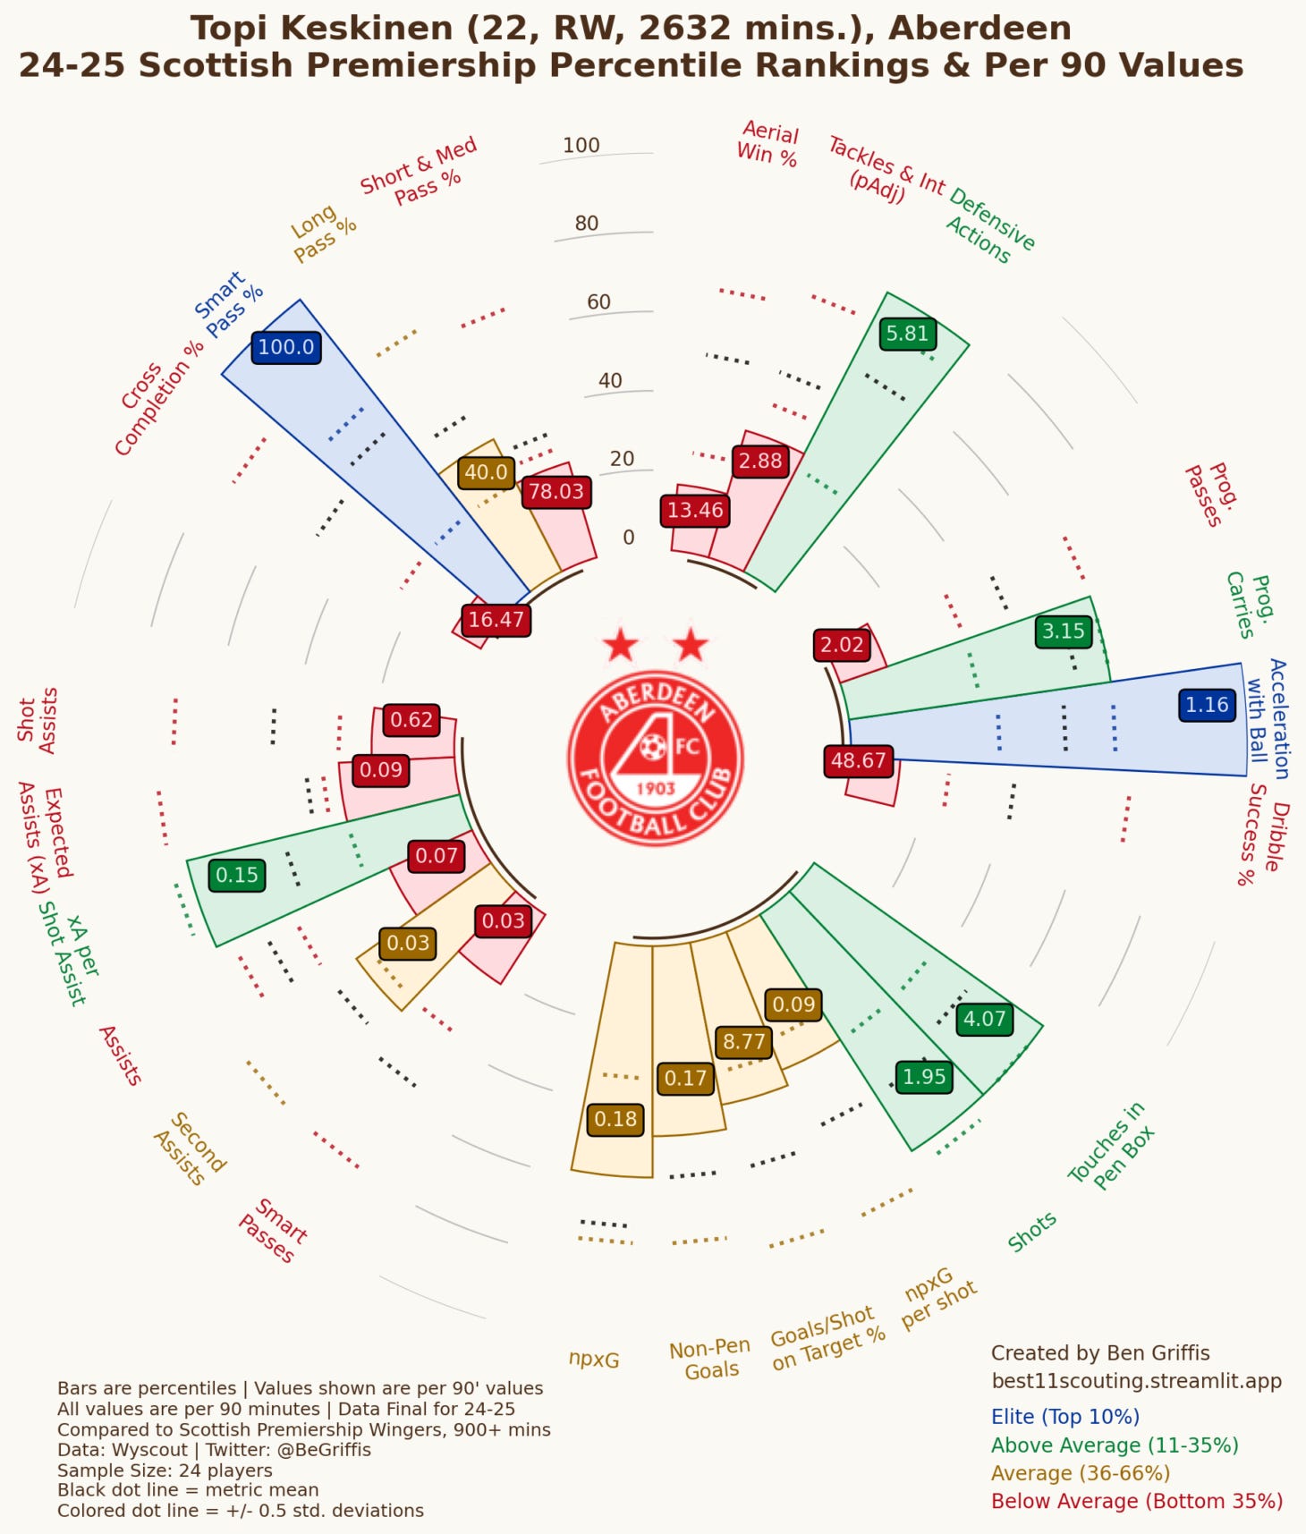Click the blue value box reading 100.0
click(286, 347)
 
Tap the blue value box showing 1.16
click(1207, 705)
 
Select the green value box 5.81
click(907, 334)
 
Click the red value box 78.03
click(555, 491)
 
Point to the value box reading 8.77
click(743, 1042)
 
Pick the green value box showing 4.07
click(984, 1019)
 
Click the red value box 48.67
click(858, 761)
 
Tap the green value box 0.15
click(236, 875)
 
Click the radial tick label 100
click(581, 145)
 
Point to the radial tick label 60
click(598, 302)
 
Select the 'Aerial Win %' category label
click(767, 143)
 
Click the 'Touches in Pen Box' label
click(1112, 1146)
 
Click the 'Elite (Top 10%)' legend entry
click(1064, 1417)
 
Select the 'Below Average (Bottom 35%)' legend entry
click(1136, 1501)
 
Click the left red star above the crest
click(620, 644)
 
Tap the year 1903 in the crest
click(655, 788)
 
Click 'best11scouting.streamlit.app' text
click(1136, 1381)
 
